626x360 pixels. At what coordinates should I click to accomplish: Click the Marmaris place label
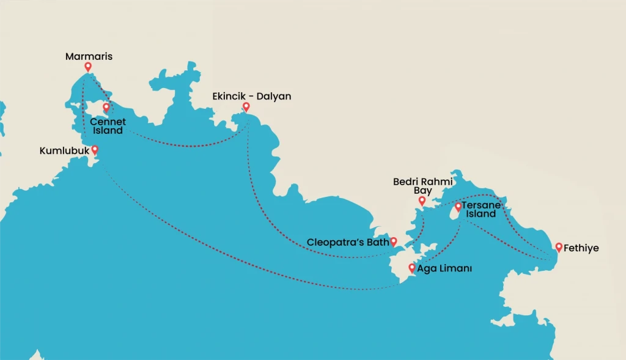[89, 57]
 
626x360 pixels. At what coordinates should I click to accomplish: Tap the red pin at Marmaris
[88, 67]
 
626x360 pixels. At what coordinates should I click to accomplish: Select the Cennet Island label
[108, 126]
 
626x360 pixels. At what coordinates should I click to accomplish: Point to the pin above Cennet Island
[106, 108]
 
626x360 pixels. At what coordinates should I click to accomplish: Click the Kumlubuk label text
[64, 150]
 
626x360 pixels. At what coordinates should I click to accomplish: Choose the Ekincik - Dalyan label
[251, 97]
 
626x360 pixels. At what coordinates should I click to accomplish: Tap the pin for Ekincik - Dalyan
[246, 107]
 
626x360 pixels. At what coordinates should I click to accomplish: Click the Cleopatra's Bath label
[348, 242]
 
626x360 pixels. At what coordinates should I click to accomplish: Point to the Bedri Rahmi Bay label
[422, 186]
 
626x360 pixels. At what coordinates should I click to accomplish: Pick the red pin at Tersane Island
[458, 207]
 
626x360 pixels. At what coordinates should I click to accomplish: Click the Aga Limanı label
[444, 268]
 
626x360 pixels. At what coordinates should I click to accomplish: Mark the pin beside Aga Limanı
[412, 268]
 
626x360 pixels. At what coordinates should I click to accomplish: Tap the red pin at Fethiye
[559, 247]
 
